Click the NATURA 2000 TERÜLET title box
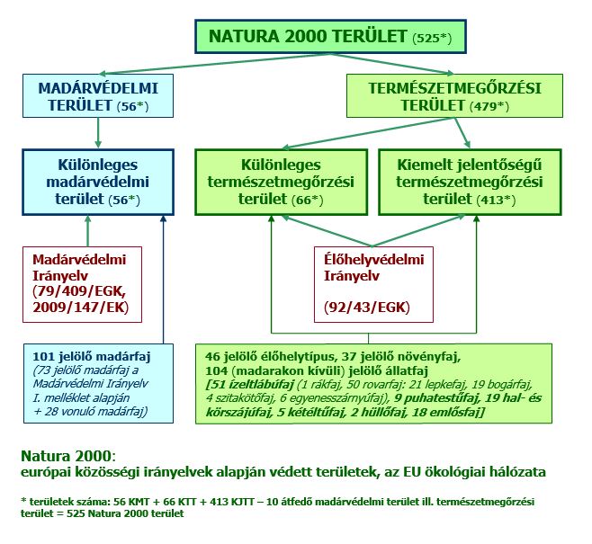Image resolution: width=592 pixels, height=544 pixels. click(330, 37)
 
